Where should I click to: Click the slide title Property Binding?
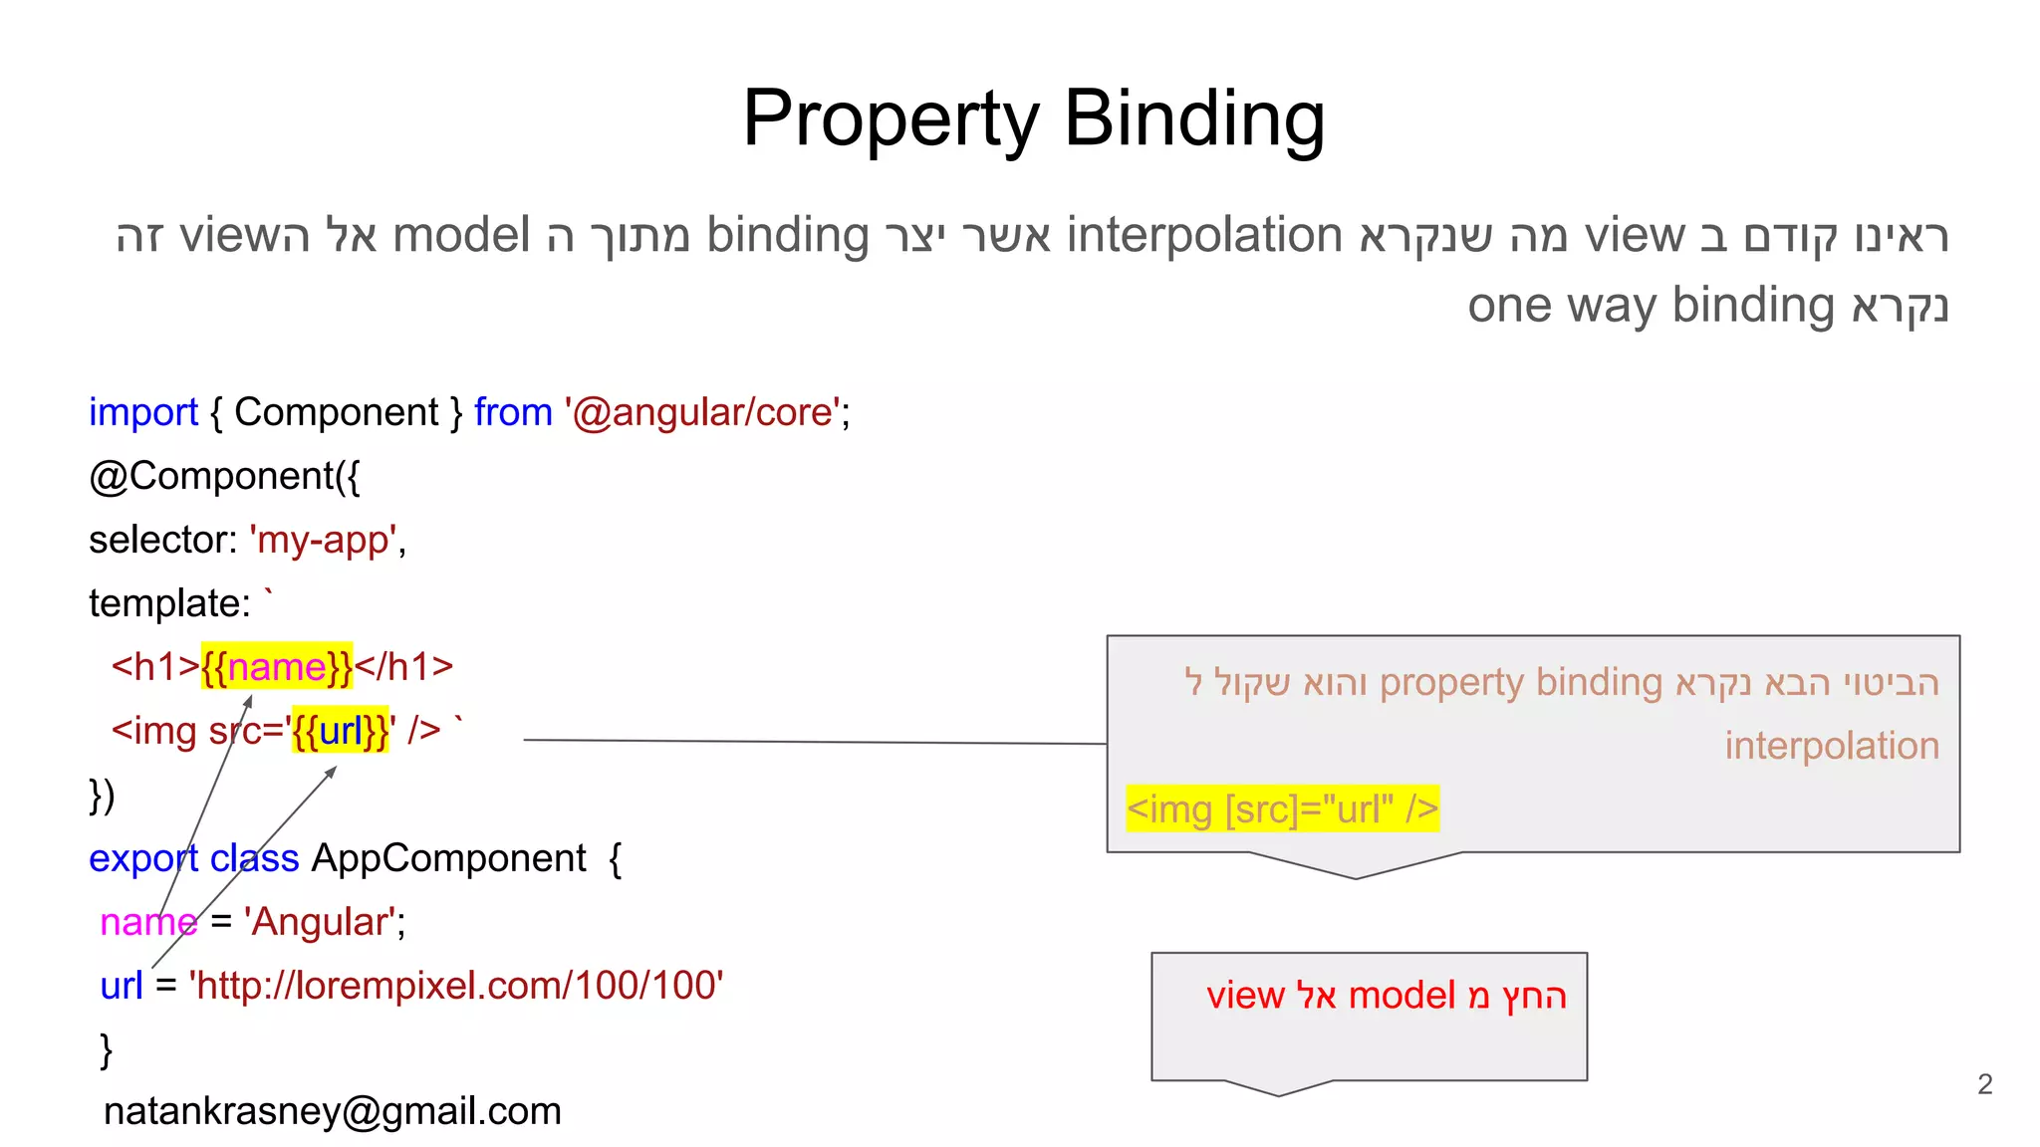pyautogui.click(x=1033, y=118)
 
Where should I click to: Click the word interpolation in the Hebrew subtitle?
pyautogui.click(x=1204, y=236)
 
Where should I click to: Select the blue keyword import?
pyautogui.click(x=143, y=412)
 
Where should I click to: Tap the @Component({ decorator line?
pyautogui.click(x=224, y=476)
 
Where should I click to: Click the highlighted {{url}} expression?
pyautogui.click(x=341, y=731)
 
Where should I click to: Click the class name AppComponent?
pyautogui.click(x=448, y=858)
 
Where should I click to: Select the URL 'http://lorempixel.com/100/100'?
pyautogui.click(x=456, y=986)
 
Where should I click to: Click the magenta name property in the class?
pyautogui.click(x=148, y=922)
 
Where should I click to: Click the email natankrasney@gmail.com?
pyautogui.click(x=333, y=1111)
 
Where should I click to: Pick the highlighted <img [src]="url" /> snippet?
pyautogui.click(x=1282, y=808)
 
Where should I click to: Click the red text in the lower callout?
pyautogui.click(x=1386, y=996)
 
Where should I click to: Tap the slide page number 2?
pyautogui.click(x=1984, y=1084)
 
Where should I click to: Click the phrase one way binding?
pyautogui.click(x=1651, y=306)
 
